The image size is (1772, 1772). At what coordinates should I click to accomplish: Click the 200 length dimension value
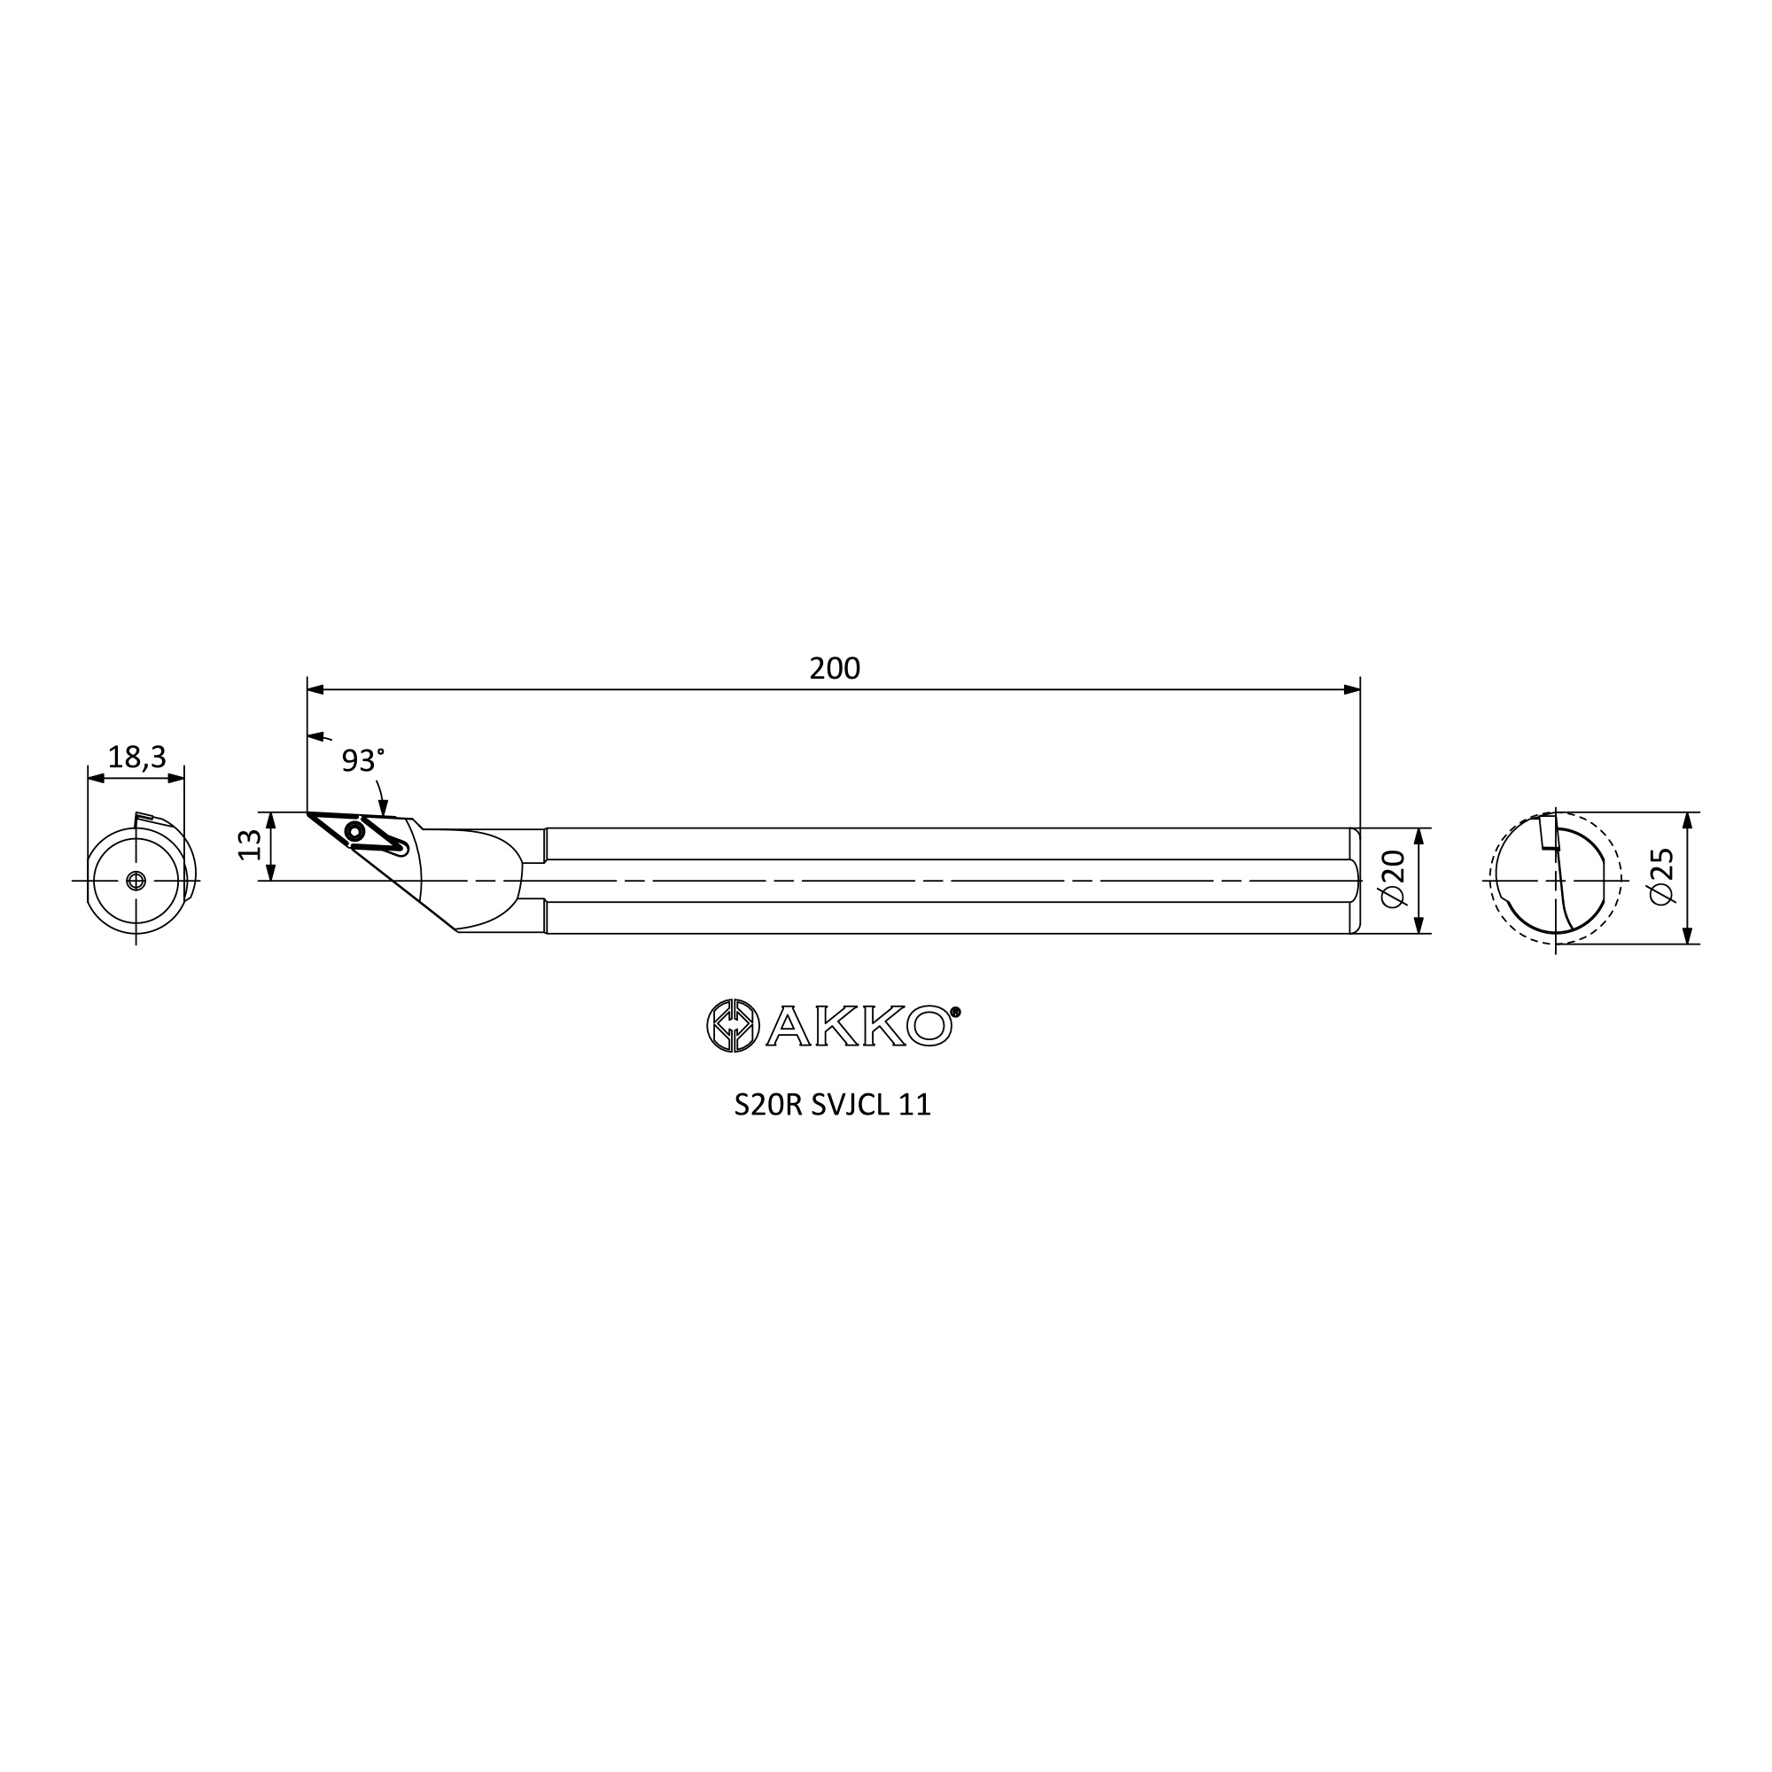(834, 669)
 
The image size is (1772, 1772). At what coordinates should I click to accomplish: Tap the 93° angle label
(362, 760)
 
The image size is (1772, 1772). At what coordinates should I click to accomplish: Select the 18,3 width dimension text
(136, 758)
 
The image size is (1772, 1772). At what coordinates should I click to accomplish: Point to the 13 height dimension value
(250, 843)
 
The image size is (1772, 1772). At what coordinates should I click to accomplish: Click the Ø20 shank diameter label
(1392, 879)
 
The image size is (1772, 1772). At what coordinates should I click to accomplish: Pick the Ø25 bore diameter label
(1661, 877)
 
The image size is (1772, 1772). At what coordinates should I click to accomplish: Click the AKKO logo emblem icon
(733, 1025)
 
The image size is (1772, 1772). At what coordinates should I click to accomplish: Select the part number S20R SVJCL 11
(833, 1105)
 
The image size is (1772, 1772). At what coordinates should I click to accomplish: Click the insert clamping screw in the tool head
(354, 832)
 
